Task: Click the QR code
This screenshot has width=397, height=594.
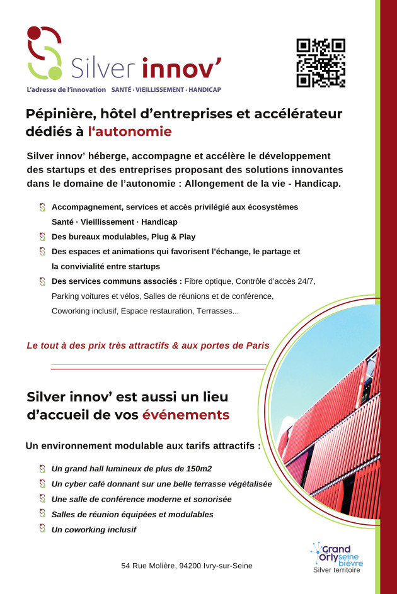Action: point(321,63)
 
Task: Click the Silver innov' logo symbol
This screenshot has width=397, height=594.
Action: point(45,53)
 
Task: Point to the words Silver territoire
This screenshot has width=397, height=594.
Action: point(337,571)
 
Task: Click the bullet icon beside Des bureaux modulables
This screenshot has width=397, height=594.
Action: point(42,237)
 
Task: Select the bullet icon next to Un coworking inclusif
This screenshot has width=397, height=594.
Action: point(42,529)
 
